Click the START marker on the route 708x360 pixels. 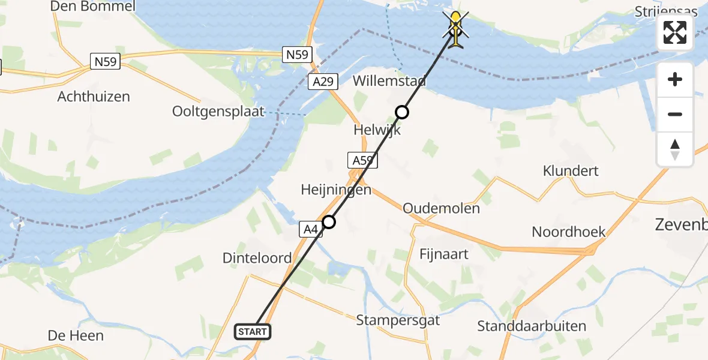click(x=253, y=332)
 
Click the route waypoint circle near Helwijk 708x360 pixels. click(x=401, y=112)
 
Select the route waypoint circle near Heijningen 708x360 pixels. click(x=328, y=223)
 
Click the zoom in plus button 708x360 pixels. click(x=675, y=79)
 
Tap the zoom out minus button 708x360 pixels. click(x=675, y=114)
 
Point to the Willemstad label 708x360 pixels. click(x=389, y=81)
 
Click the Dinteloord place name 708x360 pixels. click(x=257, y=258)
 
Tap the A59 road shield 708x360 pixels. click(x=362, y=160)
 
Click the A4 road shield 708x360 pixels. click(x=310, y=229)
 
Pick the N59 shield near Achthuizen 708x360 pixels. click(x=106, y=61)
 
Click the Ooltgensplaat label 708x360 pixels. click(x=218, y=112)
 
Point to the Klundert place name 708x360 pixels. click(x=571, y=170)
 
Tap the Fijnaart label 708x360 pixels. click(x=445, y=254)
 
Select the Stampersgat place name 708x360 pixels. click(x=398, y=320)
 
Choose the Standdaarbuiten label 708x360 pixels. click(x=532, y=326)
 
